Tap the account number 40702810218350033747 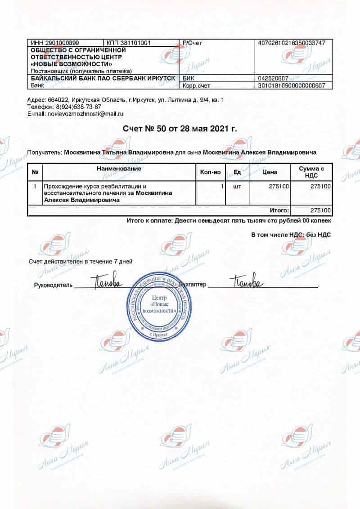click(294, 43)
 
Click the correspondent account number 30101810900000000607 click(294, 85)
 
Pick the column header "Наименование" click(119, 169)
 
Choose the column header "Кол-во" click(210, 172)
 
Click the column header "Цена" click(270, 172)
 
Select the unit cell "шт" click(237, 186)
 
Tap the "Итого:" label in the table click(279, 210)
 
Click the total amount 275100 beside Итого click(321, 210)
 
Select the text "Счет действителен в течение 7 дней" click(81, 261)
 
